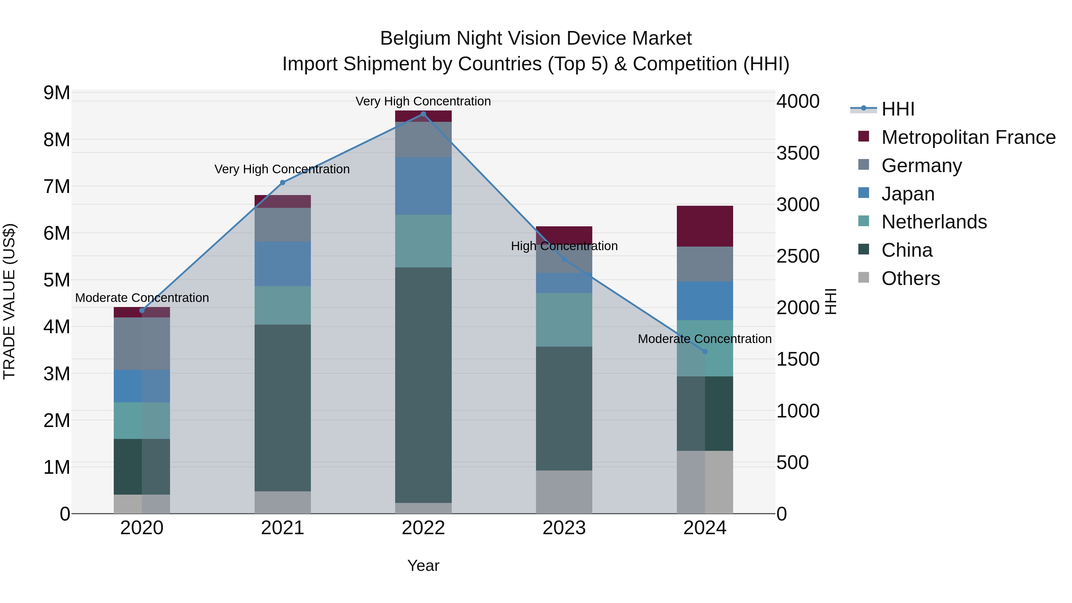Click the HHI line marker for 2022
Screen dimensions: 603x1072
click(x=423, y=114)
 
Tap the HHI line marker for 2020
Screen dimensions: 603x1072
click(x=142, y=311)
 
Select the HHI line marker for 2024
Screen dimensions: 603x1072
click(x=705, y=352)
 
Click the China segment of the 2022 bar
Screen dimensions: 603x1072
click(x=423, y=385)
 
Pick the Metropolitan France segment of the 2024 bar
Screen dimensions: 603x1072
click(x=705, y=226)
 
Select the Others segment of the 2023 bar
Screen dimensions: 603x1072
click(x=564, y=492)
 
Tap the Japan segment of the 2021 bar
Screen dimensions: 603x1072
click(x=283, y=264)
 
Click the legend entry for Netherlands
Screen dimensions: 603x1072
click(x=934, y=222)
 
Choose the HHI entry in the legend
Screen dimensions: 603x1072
click(x=898, y=109)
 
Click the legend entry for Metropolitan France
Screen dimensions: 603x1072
click(x=968, y=137)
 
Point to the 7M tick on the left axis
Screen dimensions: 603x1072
click(x=57, y=186)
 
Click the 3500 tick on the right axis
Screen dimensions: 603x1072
click(x=798, y=153)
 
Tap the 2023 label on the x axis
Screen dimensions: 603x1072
click(x=564, y=528)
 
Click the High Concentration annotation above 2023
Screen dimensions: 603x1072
click(x=564, y=246)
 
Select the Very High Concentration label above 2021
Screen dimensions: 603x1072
click(x=282, y=169)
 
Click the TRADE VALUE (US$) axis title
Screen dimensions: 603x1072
click(x=10, y=301)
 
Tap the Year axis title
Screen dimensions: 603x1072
click(x=423, y=565)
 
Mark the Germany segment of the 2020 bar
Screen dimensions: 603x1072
click(x=142, y=344)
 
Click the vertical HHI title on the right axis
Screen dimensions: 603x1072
click(x=830, y=301)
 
